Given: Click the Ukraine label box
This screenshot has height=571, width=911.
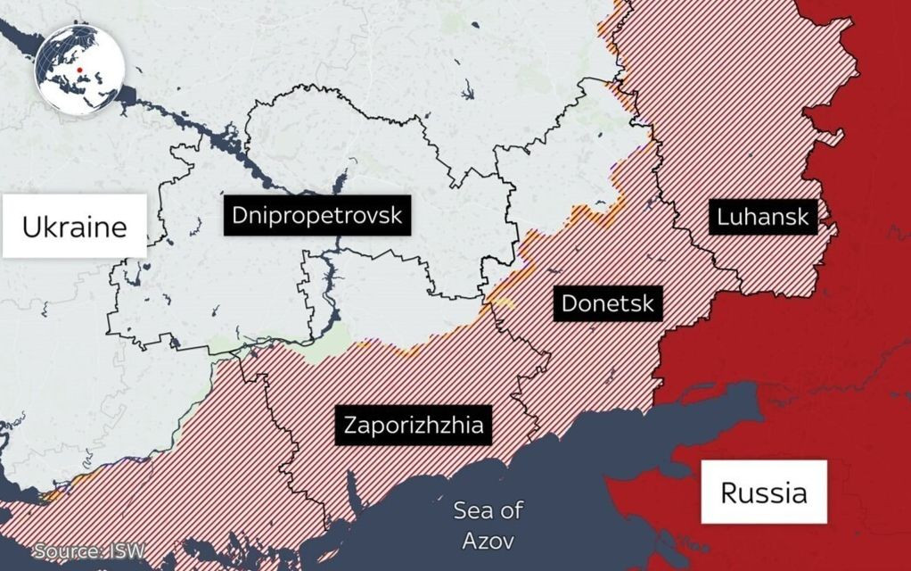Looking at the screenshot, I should (74, 227).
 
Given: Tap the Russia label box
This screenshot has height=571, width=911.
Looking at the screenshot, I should (764, 492).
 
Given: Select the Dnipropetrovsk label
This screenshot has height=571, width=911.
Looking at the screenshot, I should (316, 215).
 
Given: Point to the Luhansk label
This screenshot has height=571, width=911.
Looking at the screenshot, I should (762, 216).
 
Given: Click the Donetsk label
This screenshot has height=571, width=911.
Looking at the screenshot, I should (607, 303).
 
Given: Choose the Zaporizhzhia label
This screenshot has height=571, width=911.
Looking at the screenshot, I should (414, 424).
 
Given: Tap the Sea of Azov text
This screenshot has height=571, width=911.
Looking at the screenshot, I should (488, 525).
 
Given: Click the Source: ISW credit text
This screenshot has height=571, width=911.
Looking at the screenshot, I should (88, 551).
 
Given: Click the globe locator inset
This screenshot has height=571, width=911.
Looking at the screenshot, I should (78, 69).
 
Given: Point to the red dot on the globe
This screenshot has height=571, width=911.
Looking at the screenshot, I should (80, 70).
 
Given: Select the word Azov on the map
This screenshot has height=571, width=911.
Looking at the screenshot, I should (488, 541).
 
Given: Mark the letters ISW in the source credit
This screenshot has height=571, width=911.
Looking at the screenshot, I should (127, 551).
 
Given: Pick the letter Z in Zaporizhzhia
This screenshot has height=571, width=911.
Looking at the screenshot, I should (349, 424).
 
